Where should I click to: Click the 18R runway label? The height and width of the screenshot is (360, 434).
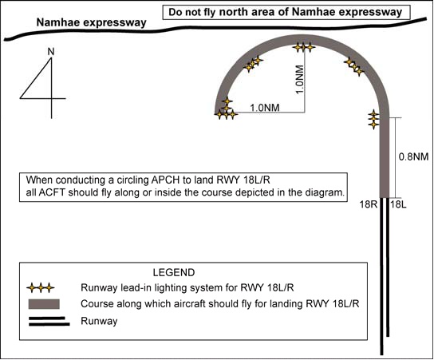(x=369, y=204)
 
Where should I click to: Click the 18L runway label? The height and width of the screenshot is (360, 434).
(x=398, y=204)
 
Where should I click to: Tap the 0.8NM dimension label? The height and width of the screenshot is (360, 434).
(x=413, y=156)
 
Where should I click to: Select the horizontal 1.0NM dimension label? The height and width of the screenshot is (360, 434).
(x=265, y=108)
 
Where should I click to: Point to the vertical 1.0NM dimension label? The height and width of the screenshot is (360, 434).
(x=300, y=80)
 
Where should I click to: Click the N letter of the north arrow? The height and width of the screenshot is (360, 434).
(x=50, y=52)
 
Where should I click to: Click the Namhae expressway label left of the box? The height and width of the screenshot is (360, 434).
(x=91, y=22)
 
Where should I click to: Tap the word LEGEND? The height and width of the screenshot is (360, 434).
(x=174, y=272)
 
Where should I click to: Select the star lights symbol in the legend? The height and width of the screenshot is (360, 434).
(x=41, y=288)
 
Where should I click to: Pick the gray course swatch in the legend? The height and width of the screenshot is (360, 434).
(x=44, y=304)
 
